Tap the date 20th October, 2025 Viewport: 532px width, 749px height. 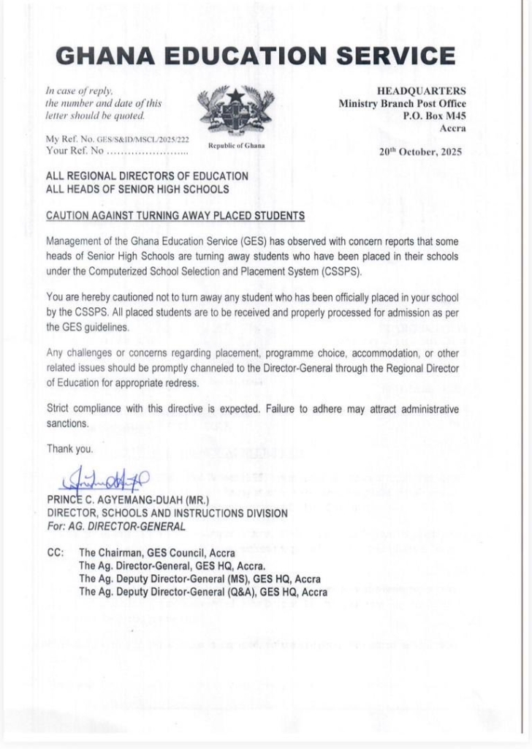[x=422, y=154]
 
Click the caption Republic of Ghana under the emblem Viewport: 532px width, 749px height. [x=236, y=146]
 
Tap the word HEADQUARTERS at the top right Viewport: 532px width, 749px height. [x=421, y=91]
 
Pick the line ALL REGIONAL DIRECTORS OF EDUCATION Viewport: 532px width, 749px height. [x=147, y=176]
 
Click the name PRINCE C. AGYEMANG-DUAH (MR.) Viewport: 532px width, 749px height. [x=128, y=500]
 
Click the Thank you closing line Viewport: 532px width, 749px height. [x=69, y=448]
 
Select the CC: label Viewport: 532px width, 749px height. [x=56, y=553]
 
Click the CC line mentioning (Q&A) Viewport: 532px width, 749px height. [x=203, y=592]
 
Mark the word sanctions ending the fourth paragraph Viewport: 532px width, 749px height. [x=67, y=424]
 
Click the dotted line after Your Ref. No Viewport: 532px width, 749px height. [x=147, y=151]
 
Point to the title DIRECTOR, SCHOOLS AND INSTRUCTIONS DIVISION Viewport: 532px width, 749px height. [x=167, y=513]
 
